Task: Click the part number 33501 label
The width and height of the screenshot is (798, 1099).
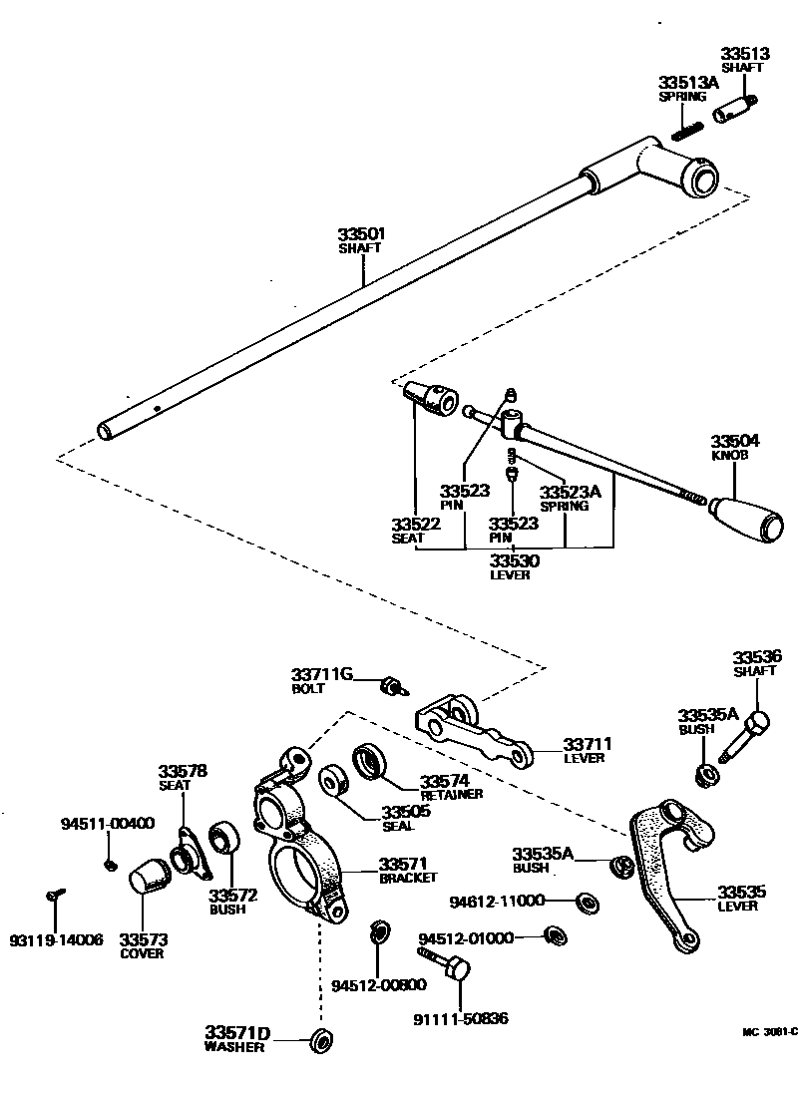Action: (361, 234)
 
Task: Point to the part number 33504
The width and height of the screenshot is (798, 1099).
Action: (734, 441)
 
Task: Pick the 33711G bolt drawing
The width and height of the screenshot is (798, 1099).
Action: (393, 685)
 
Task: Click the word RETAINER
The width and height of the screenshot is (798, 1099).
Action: (451, 794)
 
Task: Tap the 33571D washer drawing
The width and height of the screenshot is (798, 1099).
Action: (322, 1039)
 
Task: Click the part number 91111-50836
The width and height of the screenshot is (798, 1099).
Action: (460, 1018)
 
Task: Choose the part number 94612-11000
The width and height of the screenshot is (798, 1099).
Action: (496, 901)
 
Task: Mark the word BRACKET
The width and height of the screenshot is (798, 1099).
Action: (407, 878)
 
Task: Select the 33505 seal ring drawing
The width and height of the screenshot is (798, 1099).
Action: (332, 780)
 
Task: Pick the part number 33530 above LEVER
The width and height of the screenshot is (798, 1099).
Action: (514, 561)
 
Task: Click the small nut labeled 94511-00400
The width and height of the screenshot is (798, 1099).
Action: (111, 864)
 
